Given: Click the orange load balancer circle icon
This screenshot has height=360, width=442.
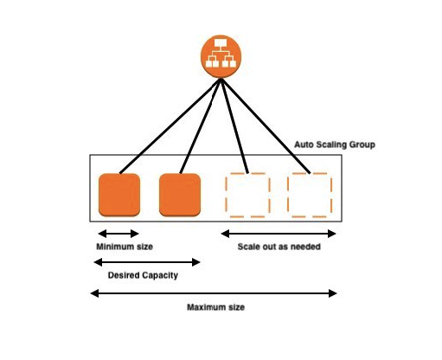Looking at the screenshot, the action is click(x=221, y=56).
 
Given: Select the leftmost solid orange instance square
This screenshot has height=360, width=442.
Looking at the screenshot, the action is click(x=119, y=195).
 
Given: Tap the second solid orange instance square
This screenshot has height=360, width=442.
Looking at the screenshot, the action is click(x=180, y=195).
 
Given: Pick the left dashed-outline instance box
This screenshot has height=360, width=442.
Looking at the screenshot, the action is click(x=247, y=195).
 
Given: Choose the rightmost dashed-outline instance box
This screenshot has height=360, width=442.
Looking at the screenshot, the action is click(x=310, y=195).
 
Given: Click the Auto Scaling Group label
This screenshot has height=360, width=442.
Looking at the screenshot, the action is click(x=335, y=145).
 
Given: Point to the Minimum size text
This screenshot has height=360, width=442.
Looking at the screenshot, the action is click(x=125, y=247).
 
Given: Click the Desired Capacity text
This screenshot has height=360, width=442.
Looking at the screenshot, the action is click(x=143, y=275).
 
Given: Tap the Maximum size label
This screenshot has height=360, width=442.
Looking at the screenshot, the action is click(x=215, y=307).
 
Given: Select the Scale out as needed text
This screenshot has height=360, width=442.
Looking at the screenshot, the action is click(x=279, y=247).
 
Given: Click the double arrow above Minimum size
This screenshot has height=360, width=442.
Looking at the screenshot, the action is click(x=119, y=234).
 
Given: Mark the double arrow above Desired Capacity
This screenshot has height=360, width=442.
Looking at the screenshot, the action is click(x=147, y=262).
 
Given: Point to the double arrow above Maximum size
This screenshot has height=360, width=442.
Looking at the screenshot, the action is click(x=214, y=293).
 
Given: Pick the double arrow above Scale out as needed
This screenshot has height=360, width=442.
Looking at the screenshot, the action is click(x=279, y=234).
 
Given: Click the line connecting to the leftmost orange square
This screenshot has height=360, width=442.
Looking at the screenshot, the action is click(x=170, y=126).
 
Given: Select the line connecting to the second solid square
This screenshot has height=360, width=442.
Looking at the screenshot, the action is click(x=201, y=126).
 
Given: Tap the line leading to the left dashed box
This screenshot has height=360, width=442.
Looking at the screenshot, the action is click(x=234, y=126).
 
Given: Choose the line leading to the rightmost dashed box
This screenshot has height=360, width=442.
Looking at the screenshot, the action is click(x=266, y=126).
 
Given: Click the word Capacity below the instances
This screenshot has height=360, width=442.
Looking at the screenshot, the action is click(x=160, y=275).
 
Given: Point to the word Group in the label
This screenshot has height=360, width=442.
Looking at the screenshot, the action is click(x=362, y=145).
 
